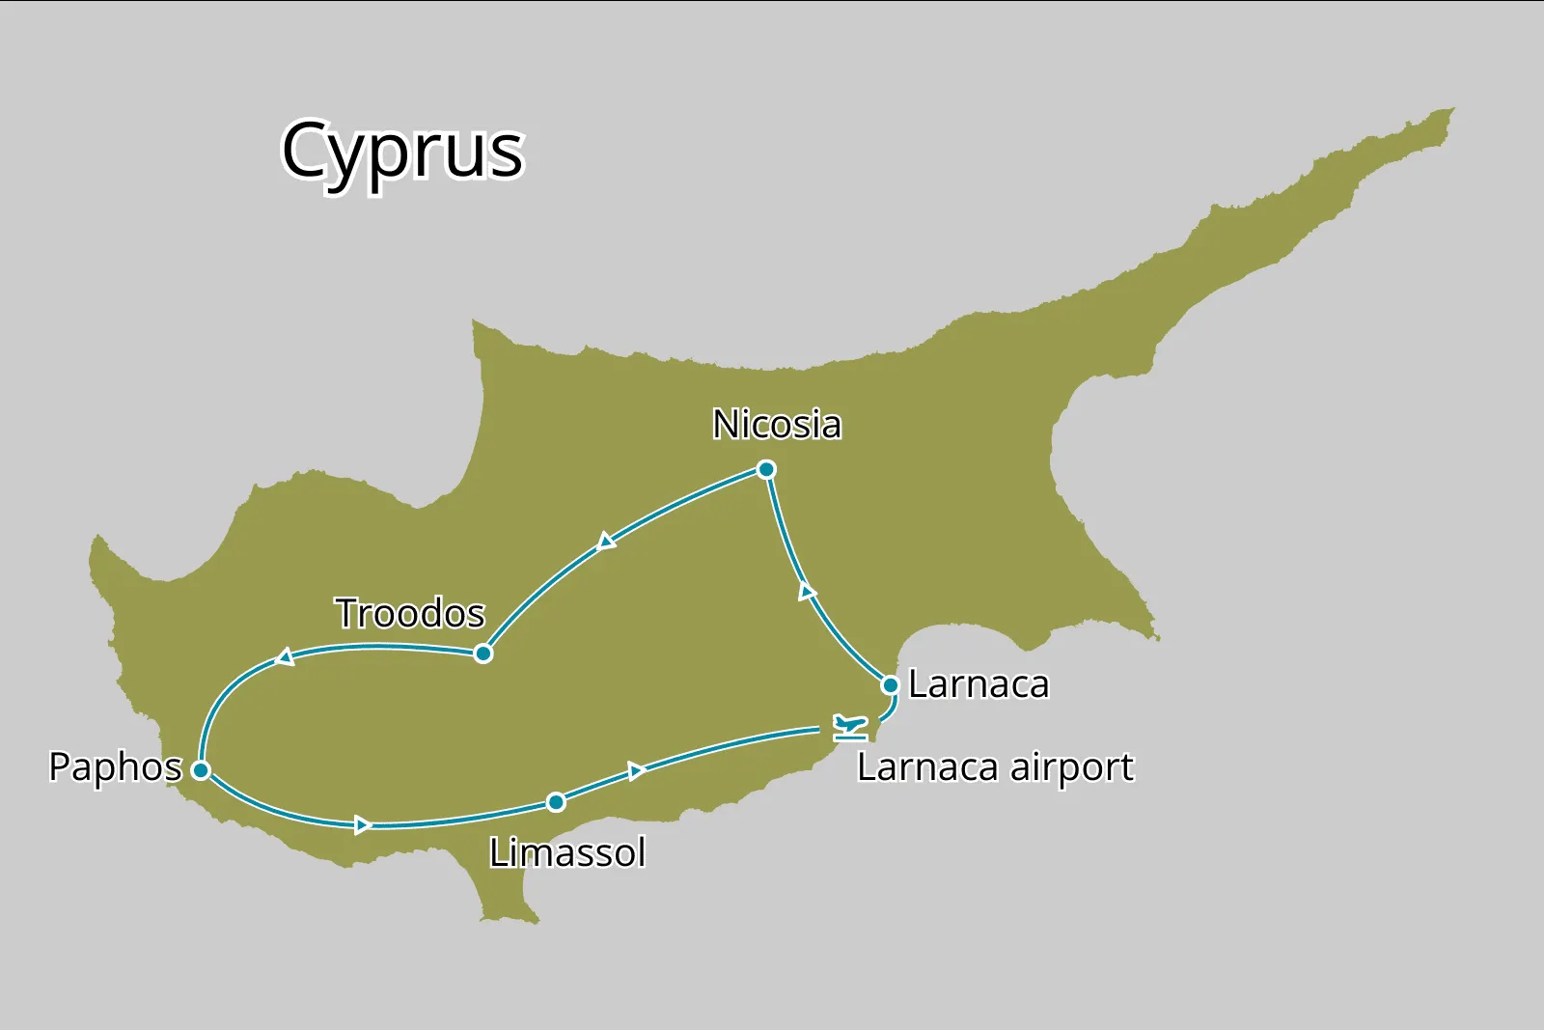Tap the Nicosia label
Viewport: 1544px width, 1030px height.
[777, 425]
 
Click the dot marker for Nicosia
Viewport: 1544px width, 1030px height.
[766, 470]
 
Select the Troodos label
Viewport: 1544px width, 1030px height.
[410, 613]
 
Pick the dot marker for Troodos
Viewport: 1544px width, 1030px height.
[483, 654]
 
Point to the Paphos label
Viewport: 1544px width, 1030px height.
[115, 767]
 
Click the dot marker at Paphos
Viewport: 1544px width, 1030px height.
[201, 770]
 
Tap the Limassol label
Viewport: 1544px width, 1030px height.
[567, 853]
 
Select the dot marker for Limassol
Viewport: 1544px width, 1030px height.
[556, 802]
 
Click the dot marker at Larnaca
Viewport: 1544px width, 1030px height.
[891, 685]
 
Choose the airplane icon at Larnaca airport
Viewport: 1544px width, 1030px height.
[850, 726]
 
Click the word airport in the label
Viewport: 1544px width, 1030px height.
[1071, 768]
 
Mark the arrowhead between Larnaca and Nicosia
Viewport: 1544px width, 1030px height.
[807, 592]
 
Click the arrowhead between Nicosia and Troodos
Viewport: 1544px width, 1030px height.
[606, 541]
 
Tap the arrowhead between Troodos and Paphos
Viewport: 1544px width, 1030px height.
[285, 657]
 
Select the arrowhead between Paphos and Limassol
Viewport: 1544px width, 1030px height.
[363, 824]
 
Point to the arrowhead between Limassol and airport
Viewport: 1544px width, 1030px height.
[636, 770]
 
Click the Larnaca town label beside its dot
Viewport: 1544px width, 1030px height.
[979, 684]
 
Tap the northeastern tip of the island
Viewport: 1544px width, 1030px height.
[1449, 112]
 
